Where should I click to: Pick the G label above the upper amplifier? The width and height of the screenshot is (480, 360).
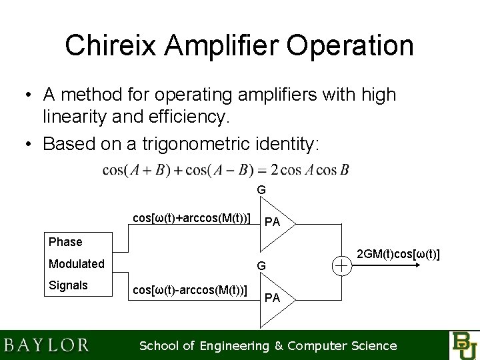(x=261, y=190)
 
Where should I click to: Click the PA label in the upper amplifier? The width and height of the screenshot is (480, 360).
(x=272, y=222)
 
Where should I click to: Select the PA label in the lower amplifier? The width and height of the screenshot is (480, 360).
(x=272, y=298)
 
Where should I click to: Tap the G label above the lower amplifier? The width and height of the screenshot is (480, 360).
(x=262, y=265)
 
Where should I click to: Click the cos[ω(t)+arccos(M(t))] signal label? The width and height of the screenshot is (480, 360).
(x=191, y=218)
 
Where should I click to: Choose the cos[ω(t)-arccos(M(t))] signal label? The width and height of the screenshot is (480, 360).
(x=190, y=291)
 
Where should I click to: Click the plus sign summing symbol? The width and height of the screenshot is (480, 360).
(x=341, y=265)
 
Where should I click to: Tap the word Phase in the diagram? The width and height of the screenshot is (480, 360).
(x=65, y=242)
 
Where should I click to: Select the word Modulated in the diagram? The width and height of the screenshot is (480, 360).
(x=76, y=264)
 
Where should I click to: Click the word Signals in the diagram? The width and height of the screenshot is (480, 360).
(x=68, y=285)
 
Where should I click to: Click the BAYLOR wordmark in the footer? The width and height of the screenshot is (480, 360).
(x=47, y=345)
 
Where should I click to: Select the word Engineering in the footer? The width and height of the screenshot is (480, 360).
(x=231, y=345)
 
